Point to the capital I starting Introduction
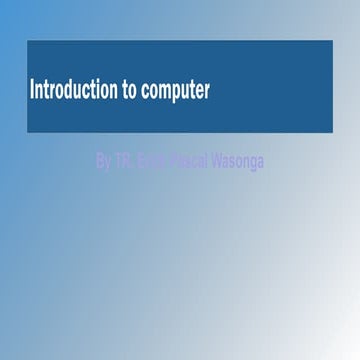33,91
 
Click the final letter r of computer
207,93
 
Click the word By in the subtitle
104,160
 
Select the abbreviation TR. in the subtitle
125,160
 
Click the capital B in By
100,160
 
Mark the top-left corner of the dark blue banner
27,41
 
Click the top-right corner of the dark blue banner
332,41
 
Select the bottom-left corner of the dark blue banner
27,132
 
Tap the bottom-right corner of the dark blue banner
332,132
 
